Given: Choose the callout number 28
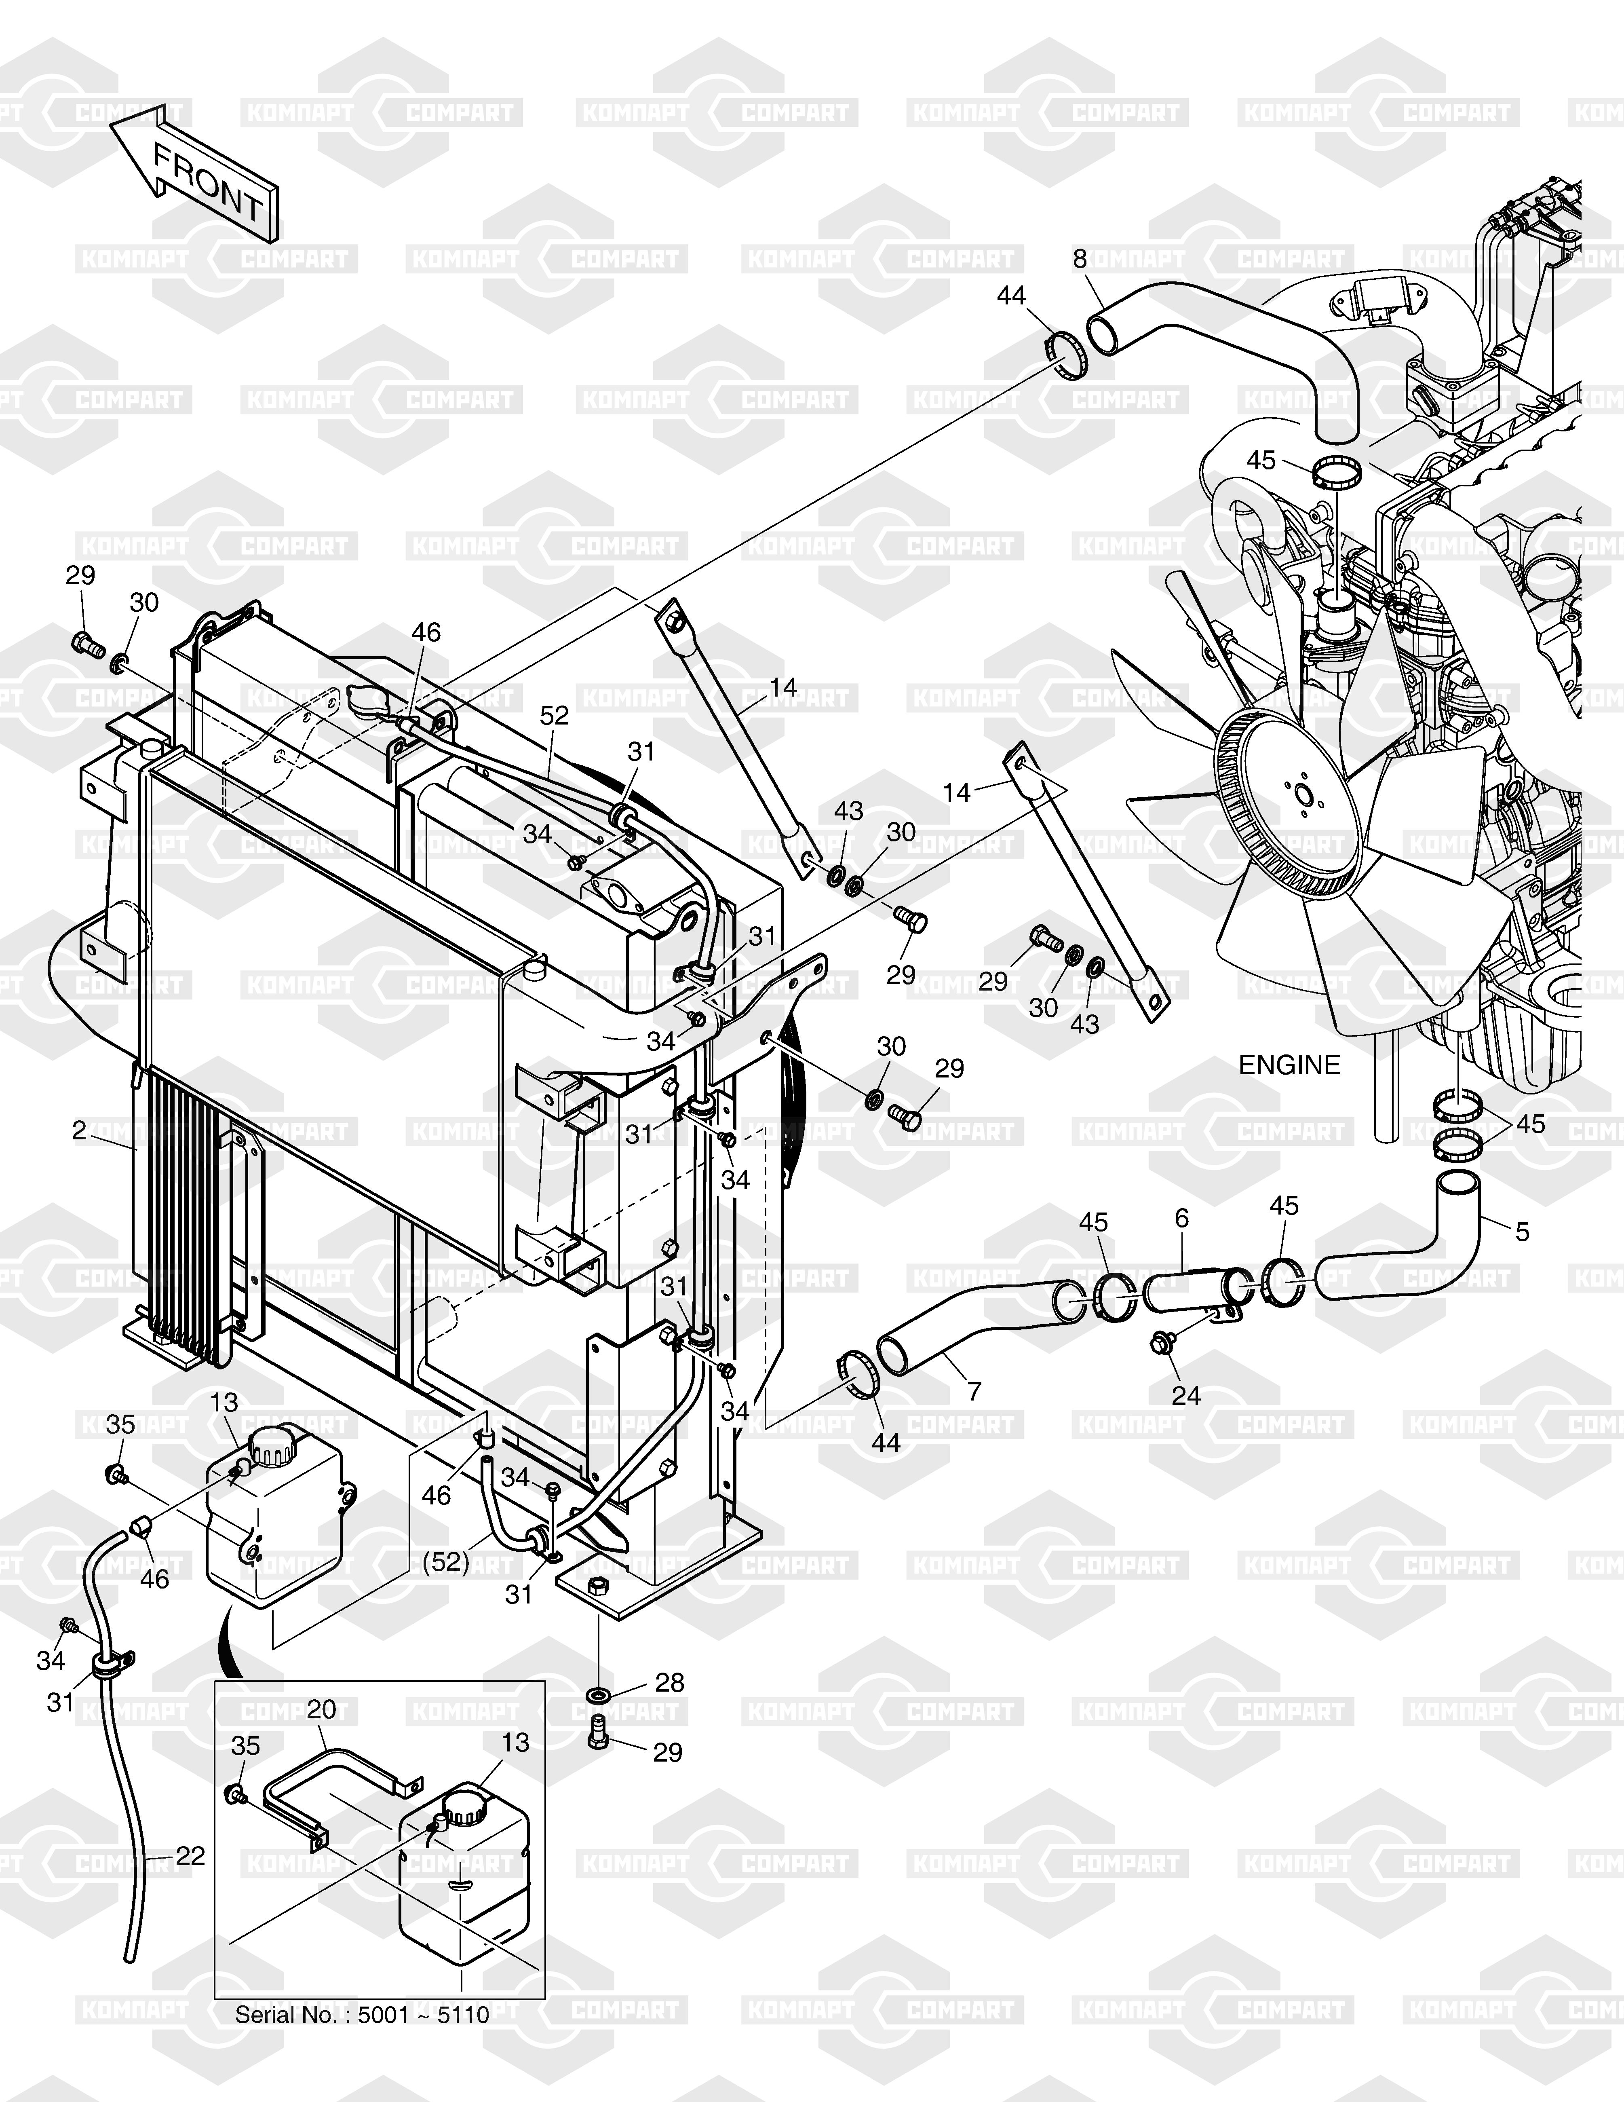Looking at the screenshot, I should [x=670, y=1682].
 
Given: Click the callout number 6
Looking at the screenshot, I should [x=1181, y=1219].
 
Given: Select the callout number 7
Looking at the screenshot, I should [x=974, y=1391].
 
